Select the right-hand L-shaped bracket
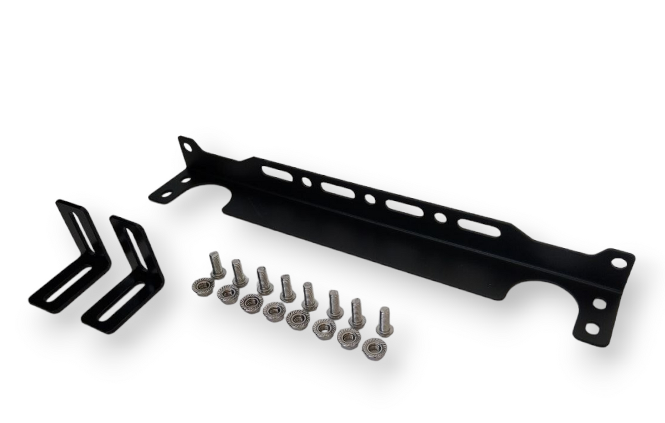point(125,277)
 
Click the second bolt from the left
point(239,272)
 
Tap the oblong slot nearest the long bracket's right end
point(477,227)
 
